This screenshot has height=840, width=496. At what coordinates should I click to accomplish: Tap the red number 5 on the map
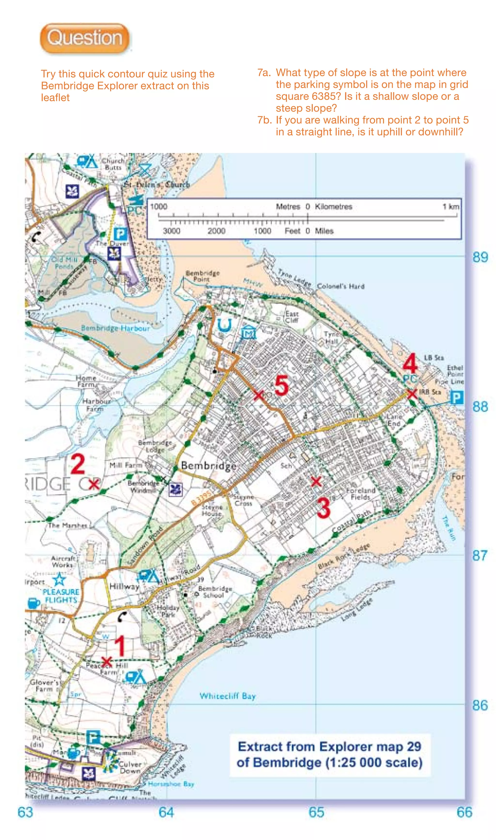coord(281,385)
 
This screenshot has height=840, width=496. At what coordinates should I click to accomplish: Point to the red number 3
coord(323,508)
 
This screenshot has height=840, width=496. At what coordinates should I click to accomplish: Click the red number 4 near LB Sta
coord(410,364)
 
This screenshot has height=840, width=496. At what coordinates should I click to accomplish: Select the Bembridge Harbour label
coord(116,328)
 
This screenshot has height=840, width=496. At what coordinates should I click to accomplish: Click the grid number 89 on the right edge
coord(480,257)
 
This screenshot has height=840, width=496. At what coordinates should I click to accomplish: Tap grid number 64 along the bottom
coord(166,812)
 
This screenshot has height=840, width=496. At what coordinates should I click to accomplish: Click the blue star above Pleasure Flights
coord(59,579)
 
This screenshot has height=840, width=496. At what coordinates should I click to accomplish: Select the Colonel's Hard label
coord(341,286)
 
